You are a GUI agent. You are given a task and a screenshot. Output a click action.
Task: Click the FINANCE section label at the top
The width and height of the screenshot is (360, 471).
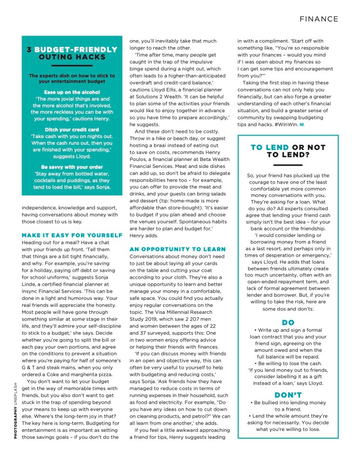(319, 19)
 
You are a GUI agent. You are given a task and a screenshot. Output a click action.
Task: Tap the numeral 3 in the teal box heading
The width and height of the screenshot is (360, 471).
(29, 50)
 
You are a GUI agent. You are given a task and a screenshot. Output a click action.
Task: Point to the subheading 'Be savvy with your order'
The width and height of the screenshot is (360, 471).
(72, 167)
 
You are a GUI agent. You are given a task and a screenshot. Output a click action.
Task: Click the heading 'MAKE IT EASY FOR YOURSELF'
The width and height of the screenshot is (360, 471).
(72, 235)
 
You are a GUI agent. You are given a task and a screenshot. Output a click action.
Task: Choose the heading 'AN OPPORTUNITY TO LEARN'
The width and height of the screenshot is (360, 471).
(178, 249)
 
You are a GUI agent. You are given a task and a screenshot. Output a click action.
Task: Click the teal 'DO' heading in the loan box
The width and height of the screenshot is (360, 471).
(288, 323)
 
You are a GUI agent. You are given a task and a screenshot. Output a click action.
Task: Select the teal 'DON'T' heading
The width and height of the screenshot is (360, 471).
(288, 395)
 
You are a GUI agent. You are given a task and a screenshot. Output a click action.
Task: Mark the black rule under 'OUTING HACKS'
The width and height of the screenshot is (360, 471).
(72, 65)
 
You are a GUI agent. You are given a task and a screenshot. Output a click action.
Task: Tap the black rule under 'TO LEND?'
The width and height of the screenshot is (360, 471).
(288, 165)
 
